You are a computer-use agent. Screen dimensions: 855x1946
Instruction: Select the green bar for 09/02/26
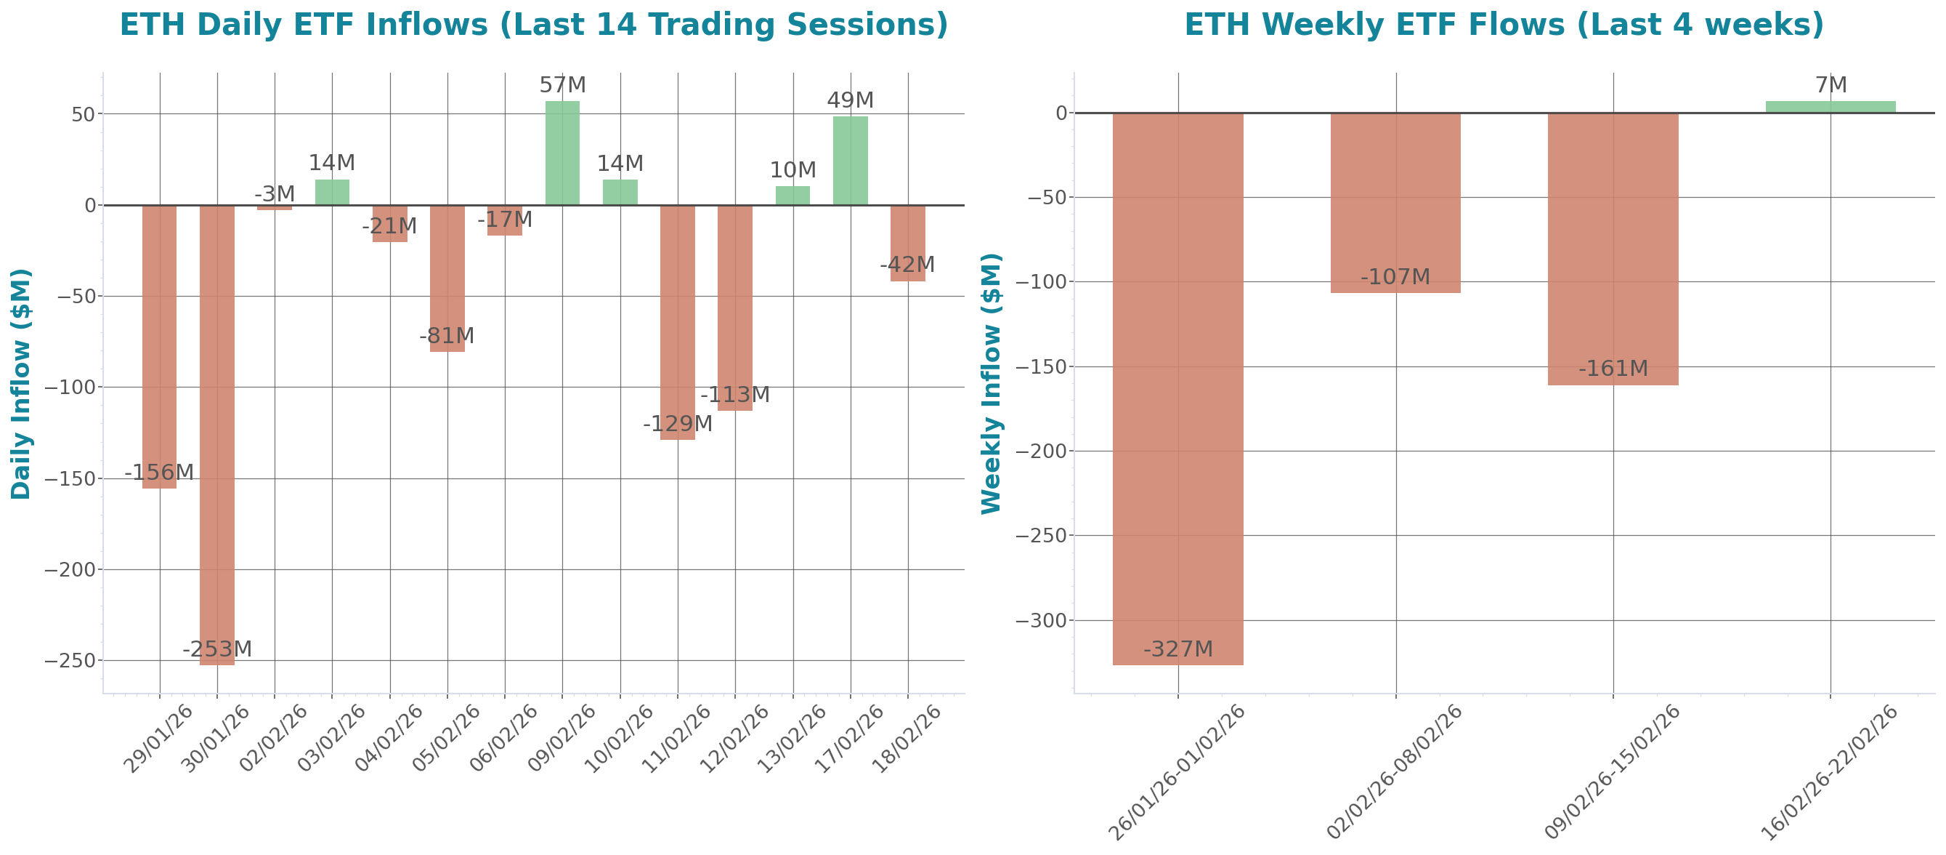(x=562, y=153)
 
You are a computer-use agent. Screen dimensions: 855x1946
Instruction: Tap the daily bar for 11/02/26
(x=678, y=322)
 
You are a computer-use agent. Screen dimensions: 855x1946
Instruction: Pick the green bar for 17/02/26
(x=850, y=160)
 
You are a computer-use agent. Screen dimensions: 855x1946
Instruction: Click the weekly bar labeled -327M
(x=1177, y=388)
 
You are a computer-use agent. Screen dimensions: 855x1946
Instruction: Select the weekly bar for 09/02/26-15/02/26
(x=1613, y=249)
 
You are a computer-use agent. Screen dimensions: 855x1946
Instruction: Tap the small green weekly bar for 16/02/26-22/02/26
(x=1831, y=107)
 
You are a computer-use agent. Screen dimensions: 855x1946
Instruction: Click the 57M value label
(x=562, y=85)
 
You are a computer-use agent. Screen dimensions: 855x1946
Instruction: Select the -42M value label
(x=907, y=265)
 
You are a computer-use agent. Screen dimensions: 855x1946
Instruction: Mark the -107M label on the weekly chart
(x=1395, y=278)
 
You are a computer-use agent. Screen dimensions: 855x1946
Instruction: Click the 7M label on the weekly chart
(x=1831, y=85)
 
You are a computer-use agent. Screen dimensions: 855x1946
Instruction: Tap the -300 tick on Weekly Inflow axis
(x=1040, y=621)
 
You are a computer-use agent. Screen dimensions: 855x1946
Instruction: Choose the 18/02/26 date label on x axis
(x=907, y=738)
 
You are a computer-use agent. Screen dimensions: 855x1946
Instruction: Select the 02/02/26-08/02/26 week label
(x=1395, y=771)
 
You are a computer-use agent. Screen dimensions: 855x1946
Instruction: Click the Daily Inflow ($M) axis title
(x=21, y=383)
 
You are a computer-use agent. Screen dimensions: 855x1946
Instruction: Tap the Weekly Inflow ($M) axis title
(x=990, y=383)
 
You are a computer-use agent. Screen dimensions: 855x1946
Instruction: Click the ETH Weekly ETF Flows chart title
(x=1504, y=25)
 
